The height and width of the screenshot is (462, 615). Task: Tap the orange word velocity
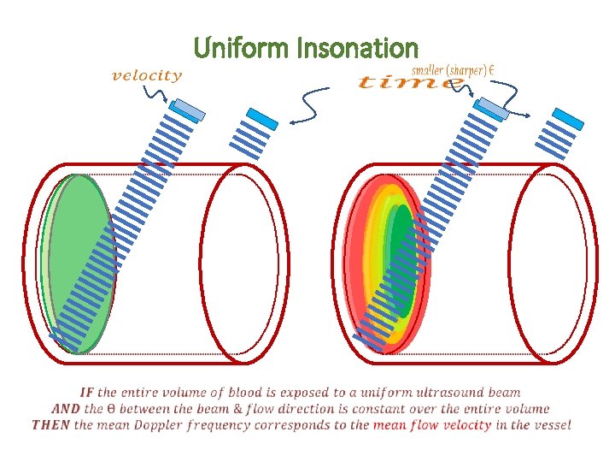point(147,75)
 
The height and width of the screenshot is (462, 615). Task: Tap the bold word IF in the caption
point(88,393)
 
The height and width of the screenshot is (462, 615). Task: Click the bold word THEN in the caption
point(53,424)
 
